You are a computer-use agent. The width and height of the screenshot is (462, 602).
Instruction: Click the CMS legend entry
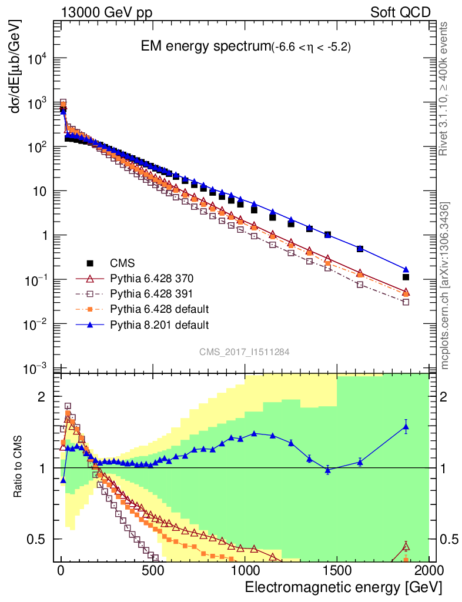(123, 263)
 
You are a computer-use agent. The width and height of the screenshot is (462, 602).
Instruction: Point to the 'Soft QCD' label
(400, 12)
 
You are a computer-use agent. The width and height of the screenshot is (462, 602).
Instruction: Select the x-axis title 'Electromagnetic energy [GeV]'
(343, 587)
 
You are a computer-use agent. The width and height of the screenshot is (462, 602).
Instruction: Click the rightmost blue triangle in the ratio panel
(406, 427)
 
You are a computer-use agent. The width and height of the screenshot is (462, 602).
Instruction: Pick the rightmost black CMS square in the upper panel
(406, 277)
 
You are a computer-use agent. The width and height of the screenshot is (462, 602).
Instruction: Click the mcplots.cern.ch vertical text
(445, 286)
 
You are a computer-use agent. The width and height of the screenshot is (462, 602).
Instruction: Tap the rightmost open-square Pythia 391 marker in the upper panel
(406, 302)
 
